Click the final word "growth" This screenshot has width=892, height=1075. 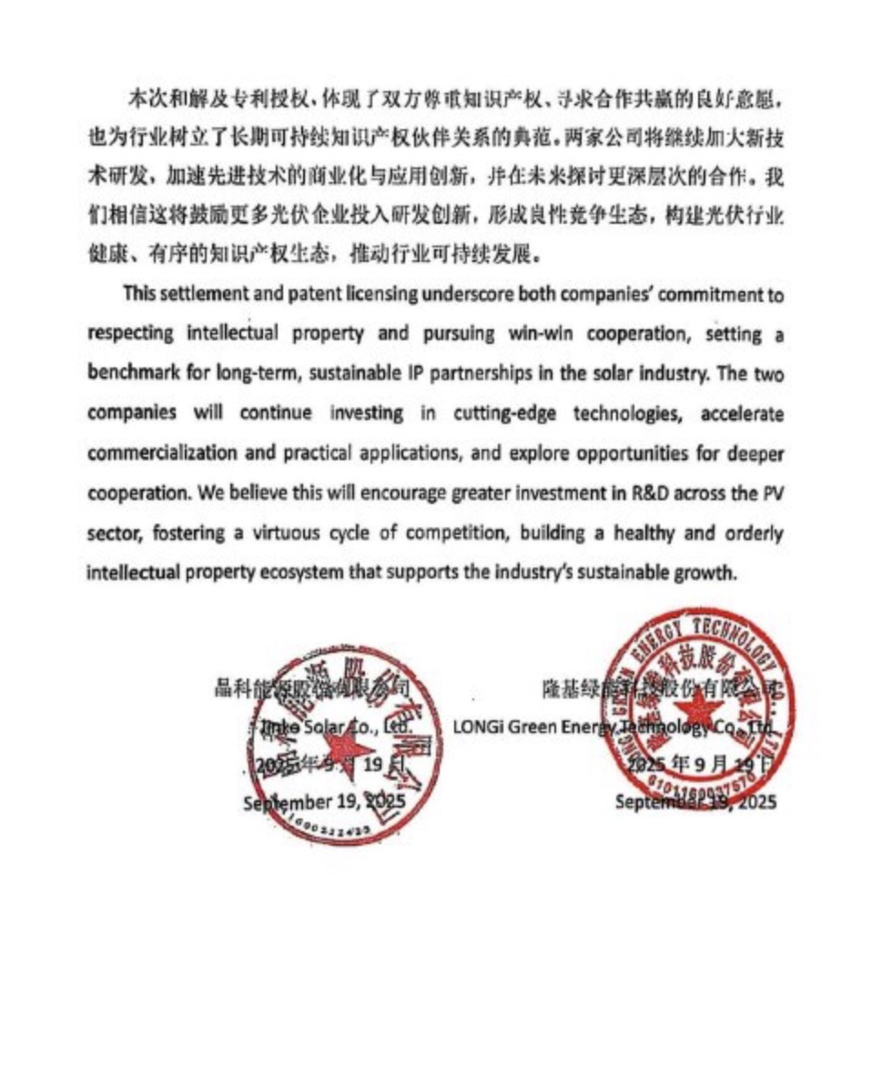coord(702,573)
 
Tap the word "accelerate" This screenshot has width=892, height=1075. coord(742,412)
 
